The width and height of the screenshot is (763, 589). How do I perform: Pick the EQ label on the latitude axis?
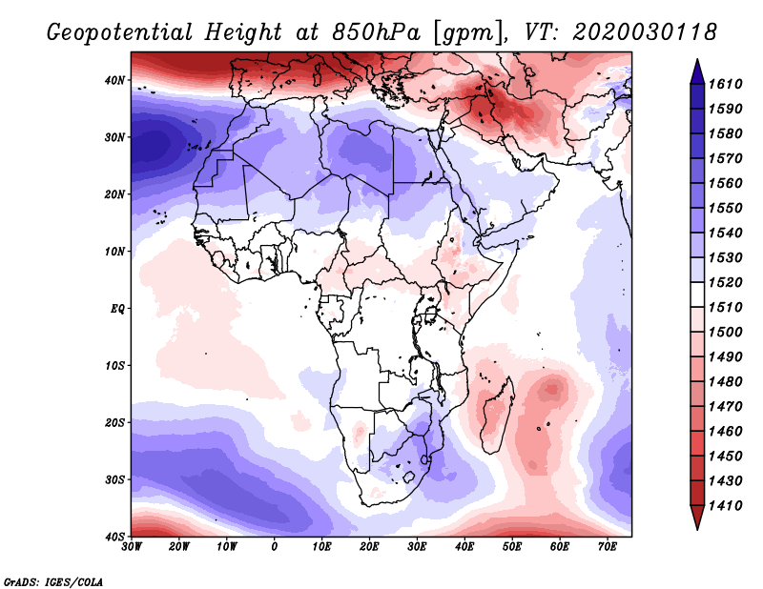tap(116, 309)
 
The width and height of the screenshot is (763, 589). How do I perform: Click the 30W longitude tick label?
tap(132, 546)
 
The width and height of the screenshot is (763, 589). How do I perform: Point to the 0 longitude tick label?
tap(275, 546)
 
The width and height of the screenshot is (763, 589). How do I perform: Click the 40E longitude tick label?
tap(464, 546)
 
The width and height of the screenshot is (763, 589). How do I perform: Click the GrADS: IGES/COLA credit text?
tap(54, 580)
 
